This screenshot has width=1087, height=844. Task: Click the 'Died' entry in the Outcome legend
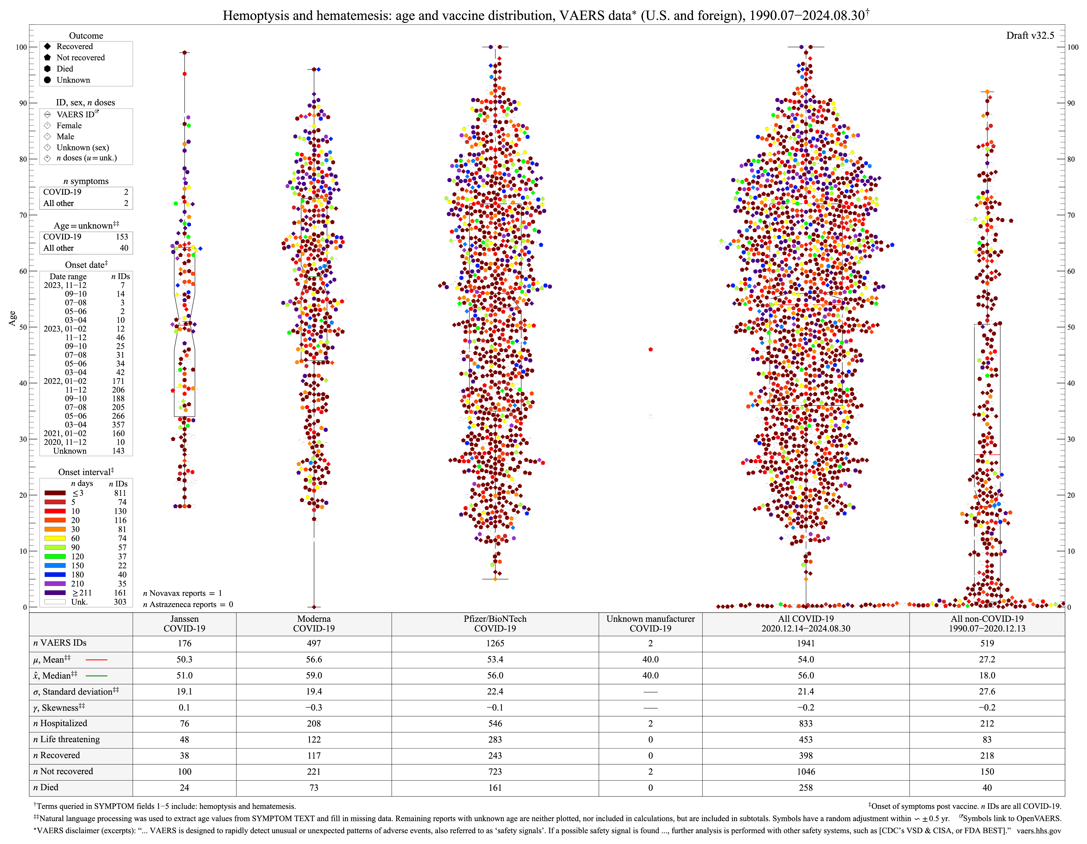(x=64, y=69)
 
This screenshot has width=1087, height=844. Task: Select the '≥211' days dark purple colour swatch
(x=55, y=593)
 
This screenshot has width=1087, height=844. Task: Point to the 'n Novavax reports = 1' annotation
(x=182, y=593)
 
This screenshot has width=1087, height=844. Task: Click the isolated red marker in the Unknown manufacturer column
(x=650, y=349)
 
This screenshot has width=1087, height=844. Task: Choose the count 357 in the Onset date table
(x=118, y=424)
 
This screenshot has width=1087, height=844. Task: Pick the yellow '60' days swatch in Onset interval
(x=55, y=539)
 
